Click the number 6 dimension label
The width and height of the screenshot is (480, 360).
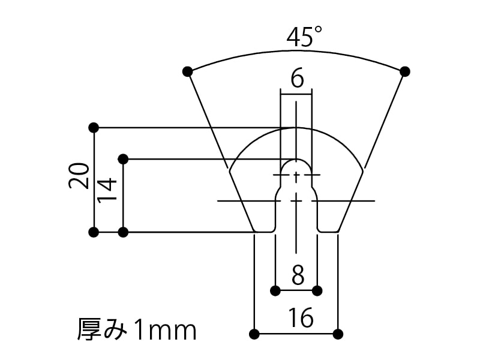296,79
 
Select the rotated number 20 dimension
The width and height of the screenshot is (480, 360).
79,176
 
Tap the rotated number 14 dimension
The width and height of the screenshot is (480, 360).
107,191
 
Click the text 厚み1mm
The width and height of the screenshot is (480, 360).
137,329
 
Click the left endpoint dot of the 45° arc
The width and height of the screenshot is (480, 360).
187,71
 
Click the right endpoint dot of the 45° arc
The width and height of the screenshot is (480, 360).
405,71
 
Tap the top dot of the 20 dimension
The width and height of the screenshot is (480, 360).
93,127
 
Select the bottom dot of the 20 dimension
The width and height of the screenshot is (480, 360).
93,232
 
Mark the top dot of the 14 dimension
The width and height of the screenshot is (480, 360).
123,158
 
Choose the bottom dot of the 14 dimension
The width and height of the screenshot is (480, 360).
123,232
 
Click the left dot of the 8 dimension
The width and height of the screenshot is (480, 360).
275,291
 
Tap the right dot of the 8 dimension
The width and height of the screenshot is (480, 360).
317,291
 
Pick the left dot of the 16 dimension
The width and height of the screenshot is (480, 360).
254,334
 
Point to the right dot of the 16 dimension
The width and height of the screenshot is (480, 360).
338,334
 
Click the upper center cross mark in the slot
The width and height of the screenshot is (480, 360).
296,175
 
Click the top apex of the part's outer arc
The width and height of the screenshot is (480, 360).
296,128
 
